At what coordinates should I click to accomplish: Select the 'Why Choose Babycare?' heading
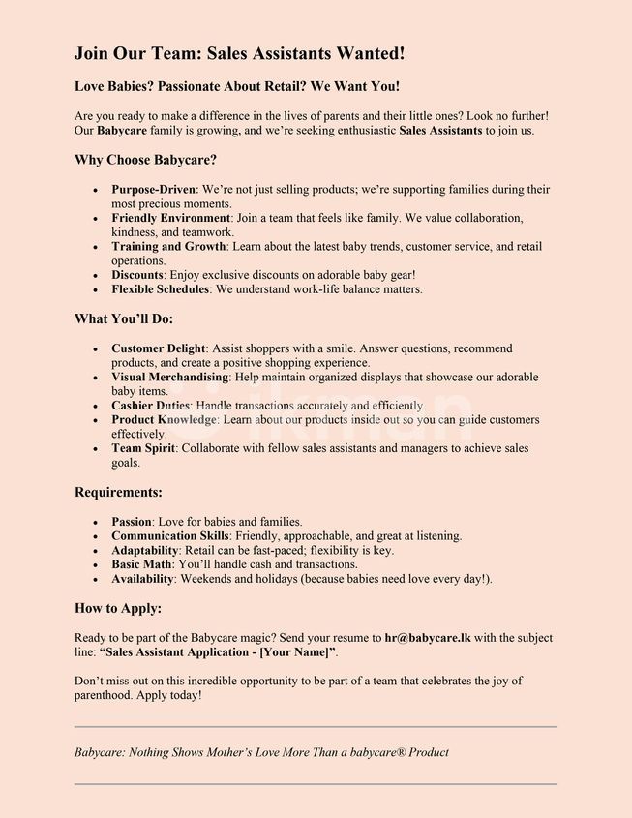[x=145, y=160]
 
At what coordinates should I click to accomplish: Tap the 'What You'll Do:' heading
[x=124, y=318]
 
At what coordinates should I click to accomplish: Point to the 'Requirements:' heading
[x=118, y=492]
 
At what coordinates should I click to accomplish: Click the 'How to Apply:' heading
[x=118, y=608]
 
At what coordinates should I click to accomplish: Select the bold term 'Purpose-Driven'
[x=153, y=190]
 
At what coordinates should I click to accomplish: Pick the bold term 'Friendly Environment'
[x=170, y=218]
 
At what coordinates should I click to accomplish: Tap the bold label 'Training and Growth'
[x=167, y=247]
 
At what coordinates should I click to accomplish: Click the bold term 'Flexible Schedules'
[x=160, y=288]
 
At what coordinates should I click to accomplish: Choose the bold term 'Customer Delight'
[x=158, y=348]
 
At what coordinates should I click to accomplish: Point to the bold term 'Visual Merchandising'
[x=169, y=377]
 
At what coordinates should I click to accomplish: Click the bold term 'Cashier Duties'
[x=151, y=406]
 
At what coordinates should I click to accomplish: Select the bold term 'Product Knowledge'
[x=165, y=420]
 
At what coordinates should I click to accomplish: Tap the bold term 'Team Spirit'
[x=143, y=448]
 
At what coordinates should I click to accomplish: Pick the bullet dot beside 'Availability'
[x=95, y=579]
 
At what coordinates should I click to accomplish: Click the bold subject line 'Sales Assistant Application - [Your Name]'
[x=218, y=653]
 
